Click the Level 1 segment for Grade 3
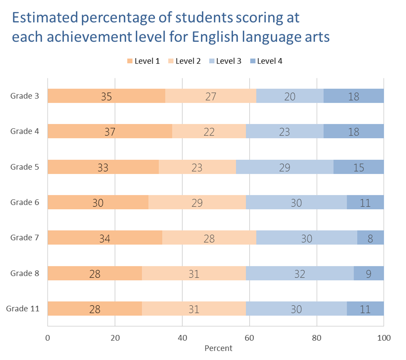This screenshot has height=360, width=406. pos(106,96)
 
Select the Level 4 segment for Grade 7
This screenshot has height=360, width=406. pos(370,238)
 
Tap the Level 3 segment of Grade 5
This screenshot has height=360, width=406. pos(284,167)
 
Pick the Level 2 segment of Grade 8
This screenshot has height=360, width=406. pos(194,273)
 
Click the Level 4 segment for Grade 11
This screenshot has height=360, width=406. pos(365,309)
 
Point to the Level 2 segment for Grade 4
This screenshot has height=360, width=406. pos(209,131)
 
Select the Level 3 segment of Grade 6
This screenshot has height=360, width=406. pos(296,202)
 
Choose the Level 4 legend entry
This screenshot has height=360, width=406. pos(266,61)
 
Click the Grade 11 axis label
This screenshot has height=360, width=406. pos(22,309)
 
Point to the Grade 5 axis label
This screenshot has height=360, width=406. pos(25,167)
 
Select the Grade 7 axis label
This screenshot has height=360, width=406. pos(25,238)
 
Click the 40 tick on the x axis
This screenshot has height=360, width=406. pos(182,338)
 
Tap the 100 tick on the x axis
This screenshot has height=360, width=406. pos(384,338)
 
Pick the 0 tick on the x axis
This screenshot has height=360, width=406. pos(48,338)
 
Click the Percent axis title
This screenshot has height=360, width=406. pos(218,348)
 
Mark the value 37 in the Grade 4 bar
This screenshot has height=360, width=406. pos(110,131)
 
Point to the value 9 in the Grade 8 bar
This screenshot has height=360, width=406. pos(369,273)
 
